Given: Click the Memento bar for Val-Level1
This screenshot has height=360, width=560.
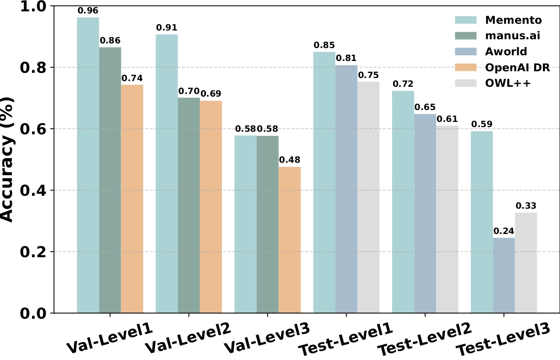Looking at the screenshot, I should [88, 165].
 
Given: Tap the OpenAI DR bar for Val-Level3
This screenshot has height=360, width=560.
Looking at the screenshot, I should [289, 240].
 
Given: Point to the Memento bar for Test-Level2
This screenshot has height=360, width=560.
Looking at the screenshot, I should [403, 202].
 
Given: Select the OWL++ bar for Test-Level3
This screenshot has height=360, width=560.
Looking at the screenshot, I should [526, 263].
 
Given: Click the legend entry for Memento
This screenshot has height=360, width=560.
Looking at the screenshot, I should [513, 20].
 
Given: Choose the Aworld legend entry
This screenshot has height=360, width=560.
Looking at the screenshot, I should [506, 52].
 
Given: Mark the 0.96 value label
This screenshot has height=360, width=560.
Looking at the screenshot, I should [88, 10].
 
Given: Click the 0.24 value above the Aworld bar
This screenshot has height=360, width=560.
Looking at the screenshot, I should [504, 230].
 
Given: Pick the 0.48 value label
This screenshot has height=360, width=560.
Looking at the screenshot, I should [289, 160].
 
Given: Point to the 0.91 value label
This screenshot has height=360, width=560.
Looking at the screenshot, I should [167, 27].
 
